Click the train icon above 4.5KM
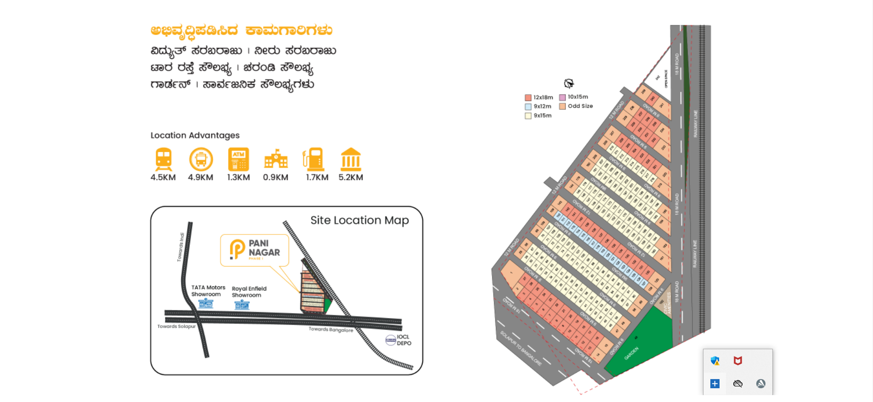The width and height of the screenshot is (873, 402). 164,159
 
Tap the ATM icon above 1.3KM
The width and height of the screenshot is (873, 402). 238,159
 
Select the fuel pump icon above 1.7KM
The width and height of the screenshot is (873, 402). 314,159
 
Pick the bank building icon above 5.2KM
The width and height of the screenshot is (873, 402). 351,159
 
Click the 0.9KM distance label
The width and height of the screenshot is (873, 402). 276,178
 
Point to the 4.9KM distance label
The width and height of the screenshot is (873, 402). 200,178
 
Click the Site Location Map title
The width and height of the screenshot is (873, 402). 359,220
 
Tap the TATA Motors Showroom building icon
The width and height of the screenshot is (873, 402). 206,303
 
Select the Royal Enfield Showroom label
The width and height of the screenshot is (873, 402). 249,292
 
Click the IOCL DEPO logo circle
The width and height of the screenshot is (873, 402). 391,340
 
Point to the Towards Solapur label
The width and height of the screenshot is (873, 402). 176,326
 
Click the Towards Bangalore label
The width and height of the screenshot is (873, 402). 331,329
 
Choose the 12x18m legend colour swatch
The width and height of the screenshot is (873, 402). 528,98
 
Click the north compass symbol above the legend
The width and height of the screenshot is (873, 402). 569,83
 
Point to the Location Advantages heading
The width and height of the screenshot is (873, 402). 195,135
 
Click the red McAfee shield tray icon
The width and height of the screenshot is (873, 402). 738,361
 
